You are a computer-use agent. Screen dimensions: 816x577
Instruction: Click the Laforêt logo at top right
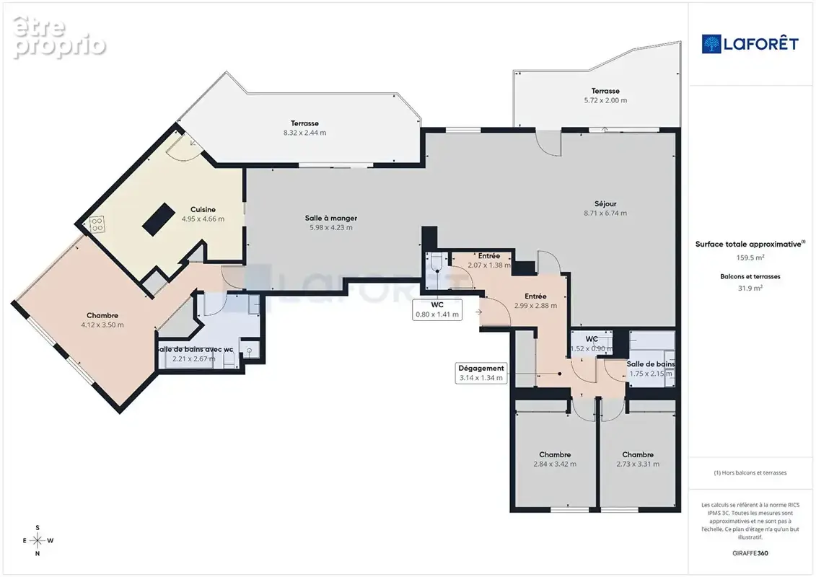pos(750,44)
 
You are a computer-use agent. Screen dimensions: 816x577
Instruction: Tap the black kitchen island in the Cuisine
pos(159,219)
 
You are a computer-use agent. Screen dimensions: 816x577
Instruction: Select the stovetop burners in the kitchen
pos(97,224)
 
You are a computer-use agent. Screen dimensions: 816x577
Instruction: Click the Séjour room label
pos(605,204)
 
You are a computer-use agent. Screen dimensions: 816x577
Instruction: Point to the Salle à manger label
pos(331,218)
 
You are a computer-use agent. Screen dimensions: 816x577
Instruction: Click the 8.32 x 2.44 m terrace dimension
pos(304,133)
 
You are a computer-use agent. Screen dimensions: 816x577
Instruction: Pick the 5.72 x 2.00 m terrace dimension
pos(605,100)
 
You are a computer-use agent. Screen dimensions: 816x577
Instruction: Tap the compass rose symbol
pos(38,541)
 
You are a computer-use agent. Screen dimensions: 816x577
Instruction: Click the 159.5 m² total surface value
pos(750,257)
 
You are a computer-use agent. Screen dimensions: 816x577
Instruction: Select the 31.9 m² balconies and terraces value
pos(750,288)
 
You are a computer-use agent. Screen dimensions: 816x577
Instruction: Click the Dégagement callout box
pos(481,373)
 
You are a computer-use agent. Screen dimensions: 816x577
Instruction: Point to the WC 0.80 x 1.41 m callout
pos(437,309)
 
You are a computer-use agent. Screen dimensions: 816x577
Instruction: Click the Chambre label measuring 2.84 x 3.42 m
pos(555,459)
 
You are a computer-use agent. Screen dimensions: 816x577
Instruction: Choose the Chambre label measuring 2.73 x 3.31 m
pos(638,459)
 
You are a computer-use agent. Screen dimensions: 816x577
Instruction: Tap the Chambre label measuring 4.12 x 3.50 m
pos(102,320)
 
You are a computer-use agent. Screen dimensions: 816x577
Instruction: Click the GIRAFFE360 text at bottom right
pos(750,553)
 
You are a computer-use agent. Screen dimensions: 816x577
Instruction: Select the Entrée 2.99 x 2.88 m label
pos(535,301)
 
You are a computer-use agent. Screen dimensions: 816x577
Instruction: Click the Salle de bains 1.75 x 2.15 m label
pos(651,369)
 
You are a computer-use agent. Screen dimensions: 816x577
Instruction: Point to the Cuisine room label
pos(203,210)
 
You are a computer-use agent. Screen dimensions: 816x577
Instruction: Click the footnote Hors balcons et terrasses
pos(750,473)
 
